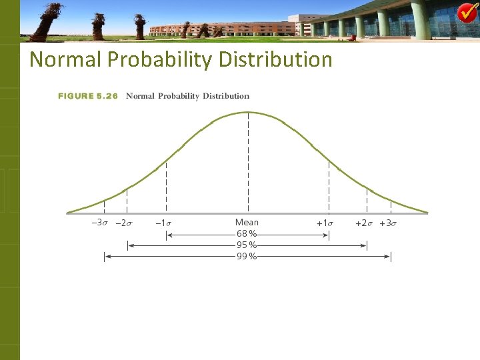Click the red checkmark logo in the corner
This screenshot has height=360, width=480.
pos(467,13)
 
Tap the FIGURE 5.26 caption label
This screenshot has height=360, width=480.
pos(88,96)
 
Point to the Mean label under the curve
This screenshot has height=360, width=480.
pos(247,223)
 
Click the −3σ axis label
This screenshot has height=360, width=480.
pos(100,223)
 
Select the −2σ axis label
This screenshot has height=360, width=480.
pos(124,223)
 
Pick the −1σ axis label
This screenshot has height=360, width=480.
pos(164,223)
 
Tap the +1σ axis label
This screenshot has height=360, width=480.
pos(325,223)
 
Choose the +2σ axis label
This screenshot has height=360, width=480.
pos(364,223)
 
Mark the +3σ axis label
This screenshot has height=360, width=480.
pos(388,223)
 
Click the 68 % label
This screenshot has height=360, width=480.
pos(247,235)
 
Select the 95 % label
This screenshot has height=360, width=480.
pos(247,245)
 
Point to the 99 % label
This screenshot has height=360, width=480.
pos(247,256)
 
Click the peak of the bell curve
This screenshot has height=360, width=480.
pos(248,112)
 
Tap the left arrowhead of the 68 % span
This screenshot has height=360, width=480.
pos(168,235)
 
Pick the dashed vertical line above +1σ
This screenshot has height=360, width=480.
pos(329,187)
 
